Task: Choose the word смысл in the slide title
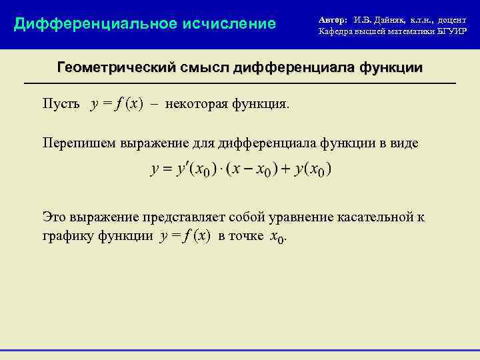click(205, 68)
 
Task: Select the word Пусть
click(61, 105)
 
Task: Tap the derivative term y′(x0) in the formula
click(195, 169)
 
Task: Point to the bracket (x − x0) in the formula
click(251, 169)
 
